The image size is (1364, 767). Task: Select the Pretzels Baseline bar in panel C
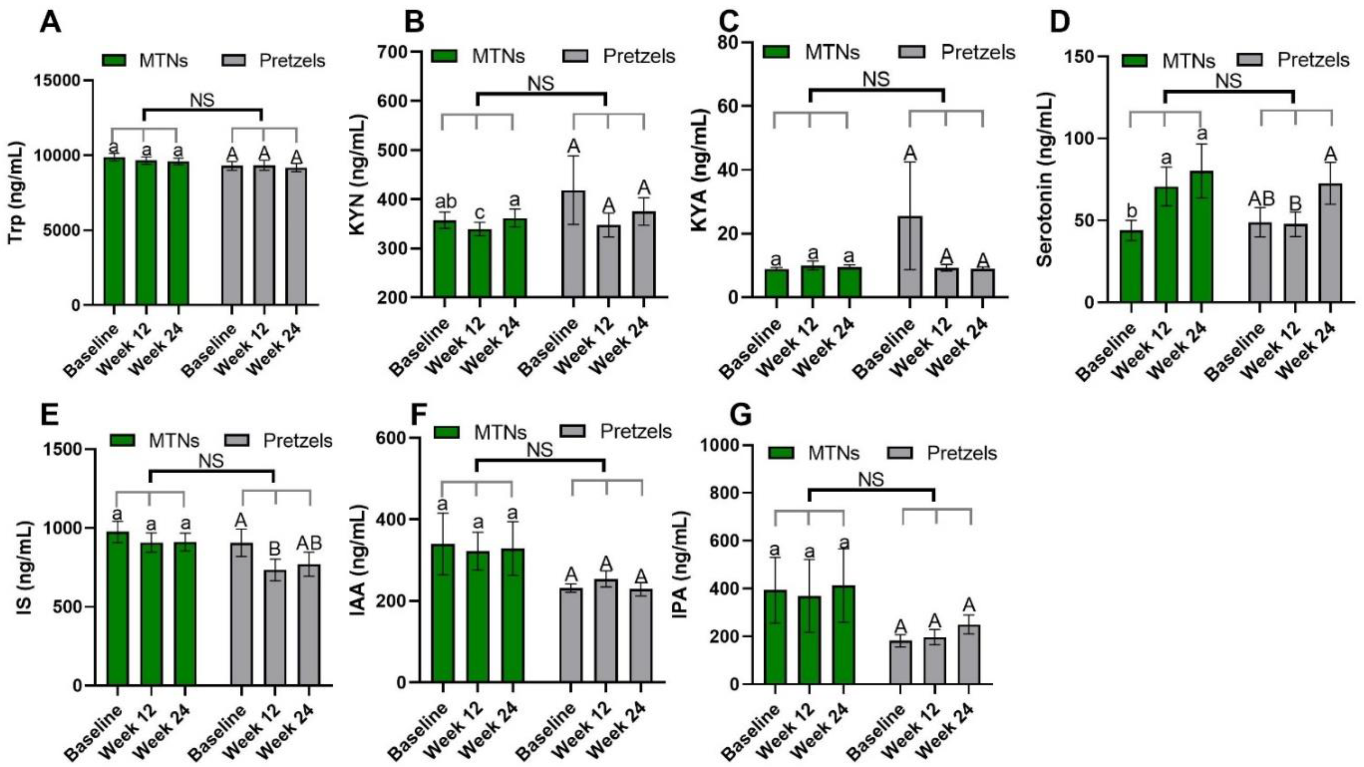pos(910,257)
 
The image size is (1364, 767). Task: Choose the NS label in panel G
pos(871,479)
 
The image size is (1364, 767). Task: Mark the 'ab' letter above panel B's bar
pos(445,202)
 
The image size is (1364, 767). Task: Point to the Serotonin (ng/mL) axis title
pos(1045,180)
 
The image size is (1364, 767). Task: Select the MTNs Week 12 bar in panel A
pos(145,233)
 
